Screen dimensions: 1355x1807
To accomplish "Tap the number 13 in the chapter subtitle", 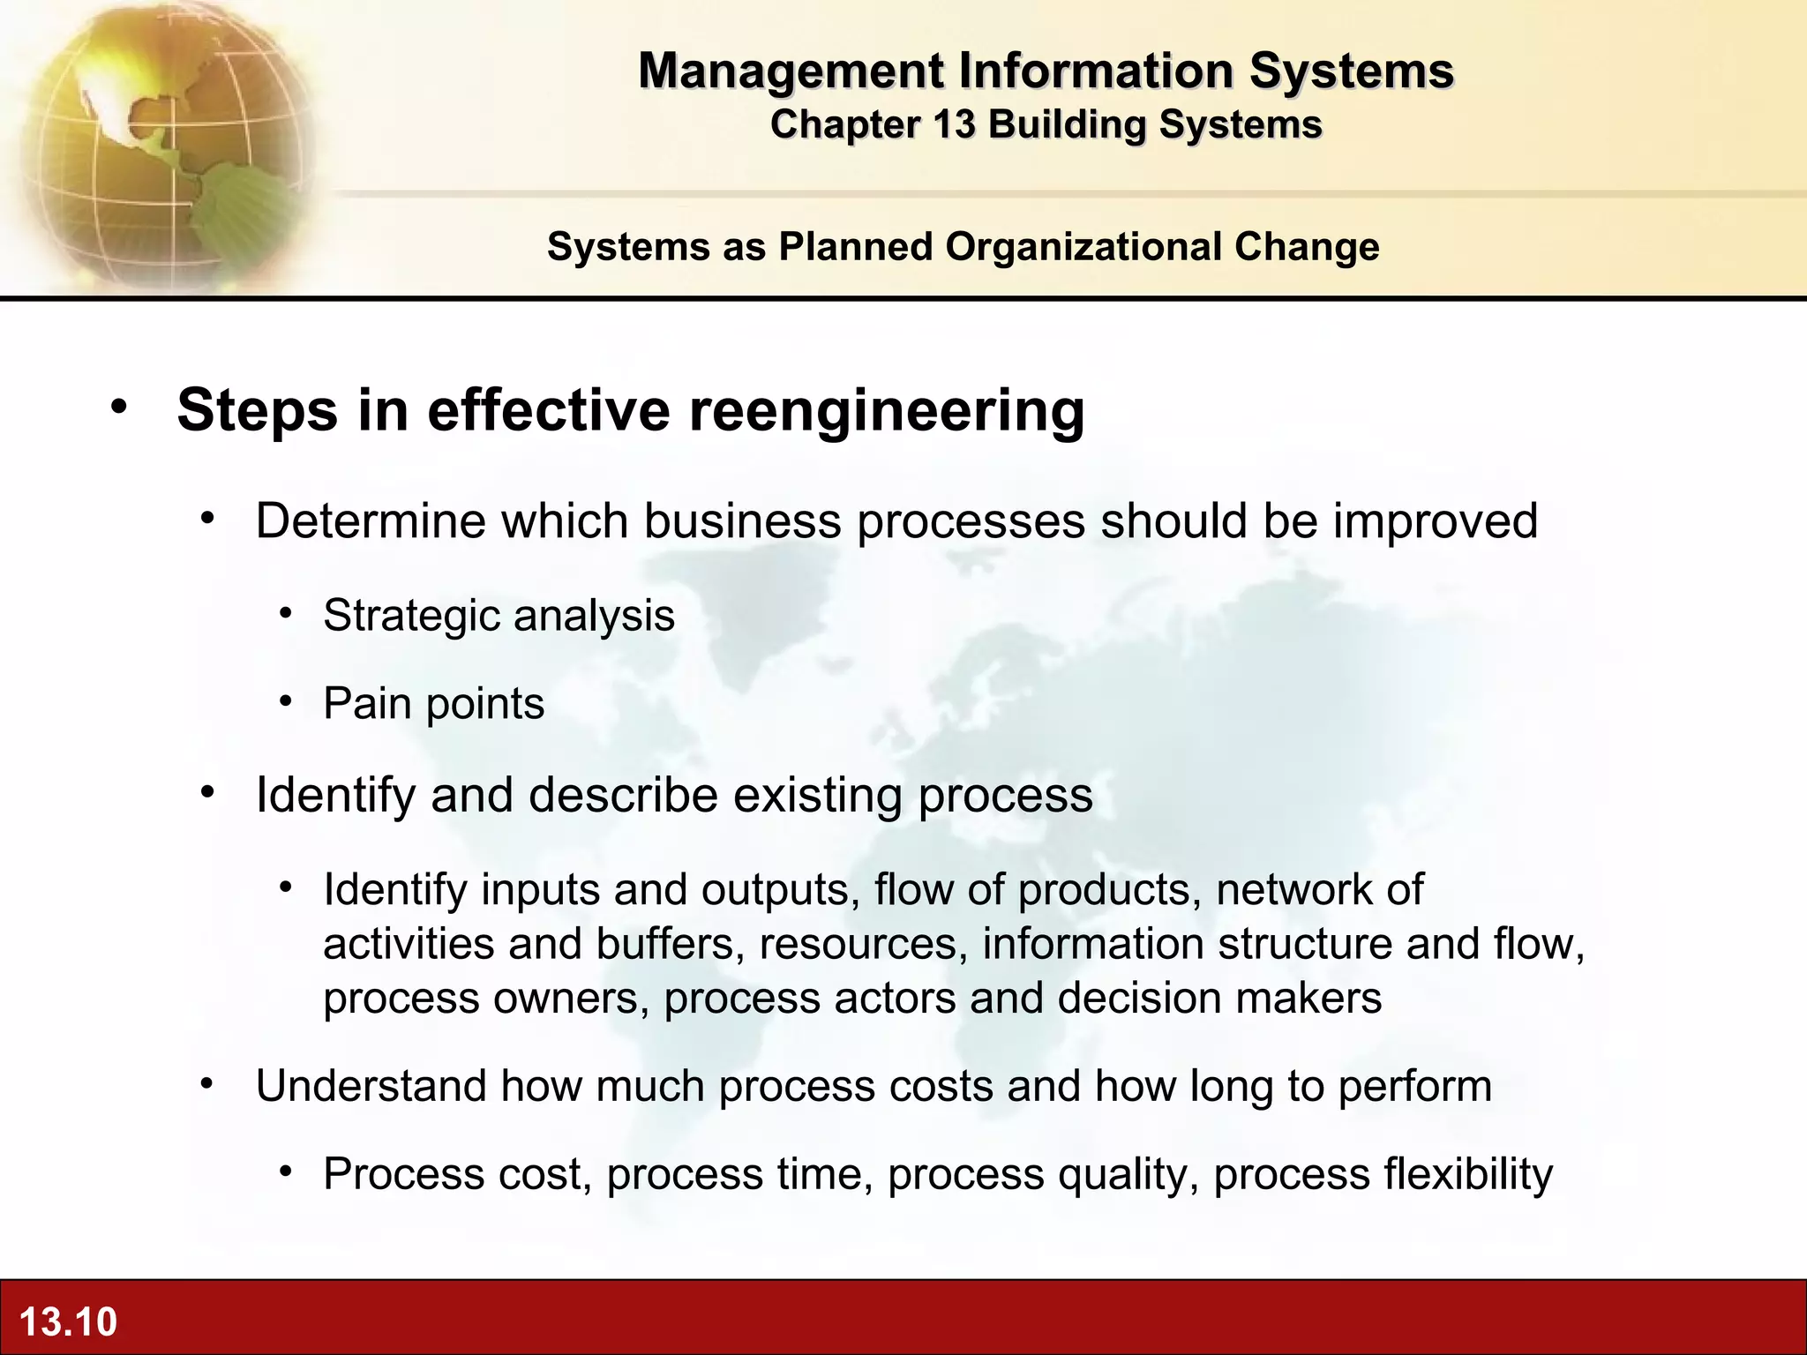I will (955, 124).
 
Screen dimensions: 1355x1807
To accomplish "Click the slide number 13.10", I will (68, 1321).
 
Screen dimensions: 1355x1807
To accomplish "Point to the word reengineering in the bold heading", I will (886, 410).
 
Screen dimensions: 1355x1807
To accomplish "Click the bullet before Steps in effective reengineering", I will (119, 407).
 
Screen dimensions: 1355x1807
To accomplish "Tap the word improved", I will (1435, 520).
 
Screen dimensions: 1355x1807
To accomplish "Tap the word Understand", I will (370, 1086).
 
